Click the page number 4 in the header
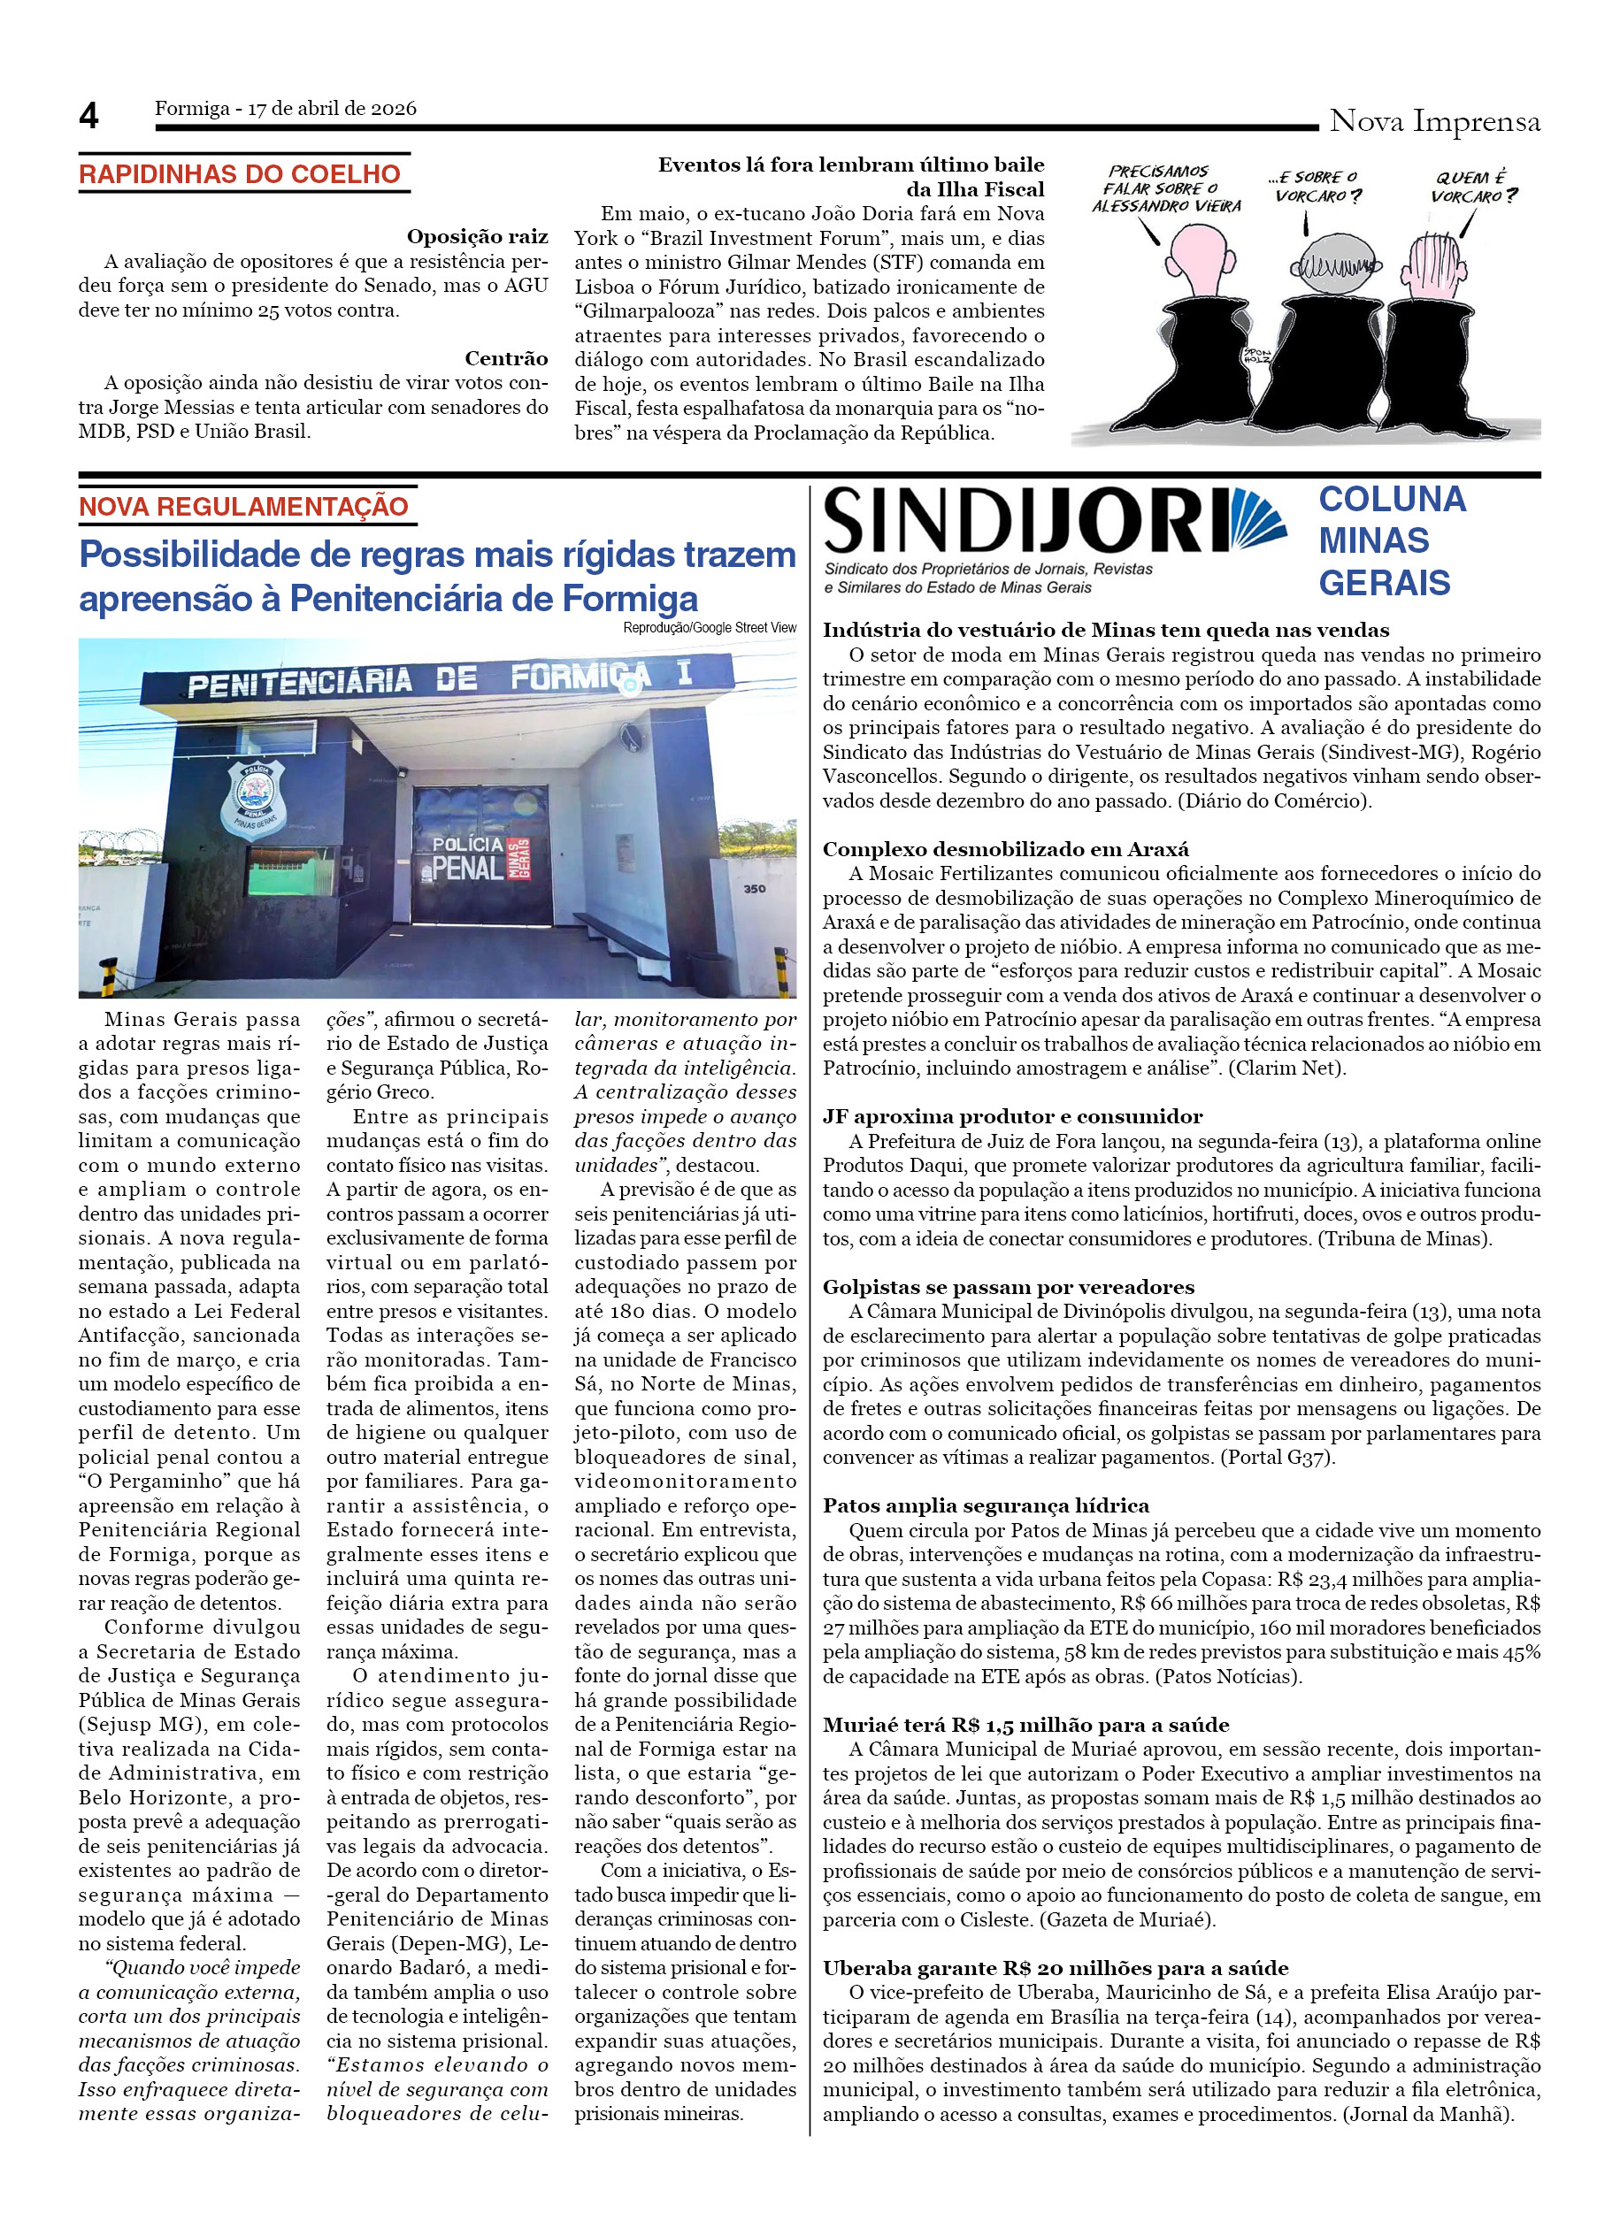[88, 117]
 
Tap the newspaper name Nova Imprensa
[1433, 121]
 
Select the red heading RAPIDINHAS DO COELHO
[240, 174]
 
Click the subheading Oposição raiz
[477, 237]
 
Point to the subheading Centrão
[506, 358]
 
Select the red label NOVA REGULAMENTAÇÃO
[243, 507]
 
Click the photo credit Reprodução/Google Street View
[709, 627]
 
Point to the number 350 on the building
[755, 888]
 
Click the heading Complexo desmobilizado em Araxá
[1006, 849]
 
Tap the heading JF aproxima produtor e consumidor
[1011, 1116]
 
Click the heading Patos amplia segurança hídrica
[986, 1505]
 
